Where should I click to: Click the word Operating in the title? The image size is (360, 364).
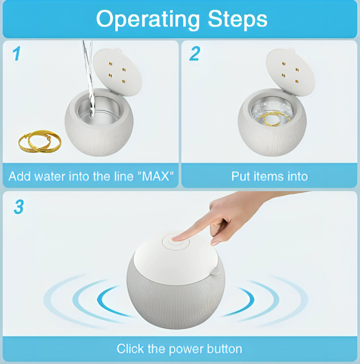pos(148,19)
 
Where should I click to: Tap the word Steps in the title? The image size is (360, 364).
pos(237,18)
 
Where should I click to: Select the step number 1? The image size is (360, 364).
pos(16,54)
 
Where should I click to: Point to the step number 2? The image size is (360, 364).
pos(195,54)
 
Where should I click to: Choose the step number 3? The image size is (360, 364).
pos(19,207)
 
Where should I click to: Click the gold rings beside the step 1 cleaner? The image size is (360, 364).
pos(40,141)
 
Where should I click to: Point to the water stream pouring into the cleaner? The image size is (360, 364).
pos(89,79)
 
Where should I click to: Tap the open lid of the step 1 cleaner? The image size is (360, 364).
pos(117,71)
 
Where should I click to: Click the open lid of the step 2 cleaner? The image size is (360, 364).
pos(290,71)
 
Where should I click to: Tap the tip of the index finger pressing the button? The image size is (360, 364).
pos(175,239)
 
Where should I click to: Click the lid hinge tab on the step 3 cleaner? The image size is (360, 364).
pos(216,271)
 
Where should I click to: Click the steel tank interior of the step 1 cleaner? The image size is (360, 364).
pos(99,109)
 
